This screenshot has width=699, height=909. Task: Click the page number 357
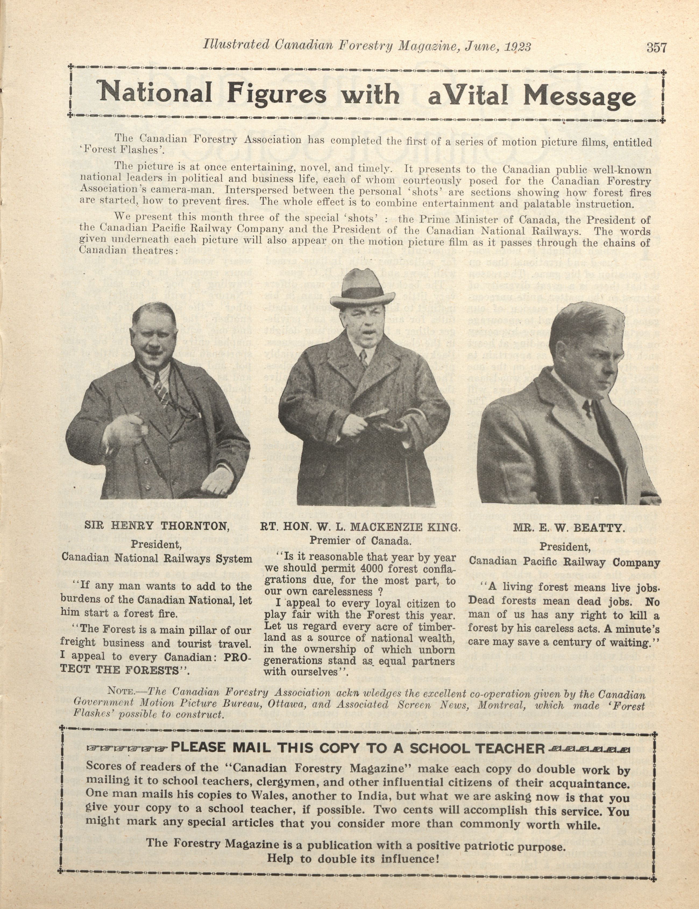pos(657,47)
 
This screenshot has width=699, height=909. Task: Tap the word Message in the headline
pos(580,97)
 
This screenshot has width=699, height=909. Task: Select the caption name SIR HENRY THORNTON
pos(157,526)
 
